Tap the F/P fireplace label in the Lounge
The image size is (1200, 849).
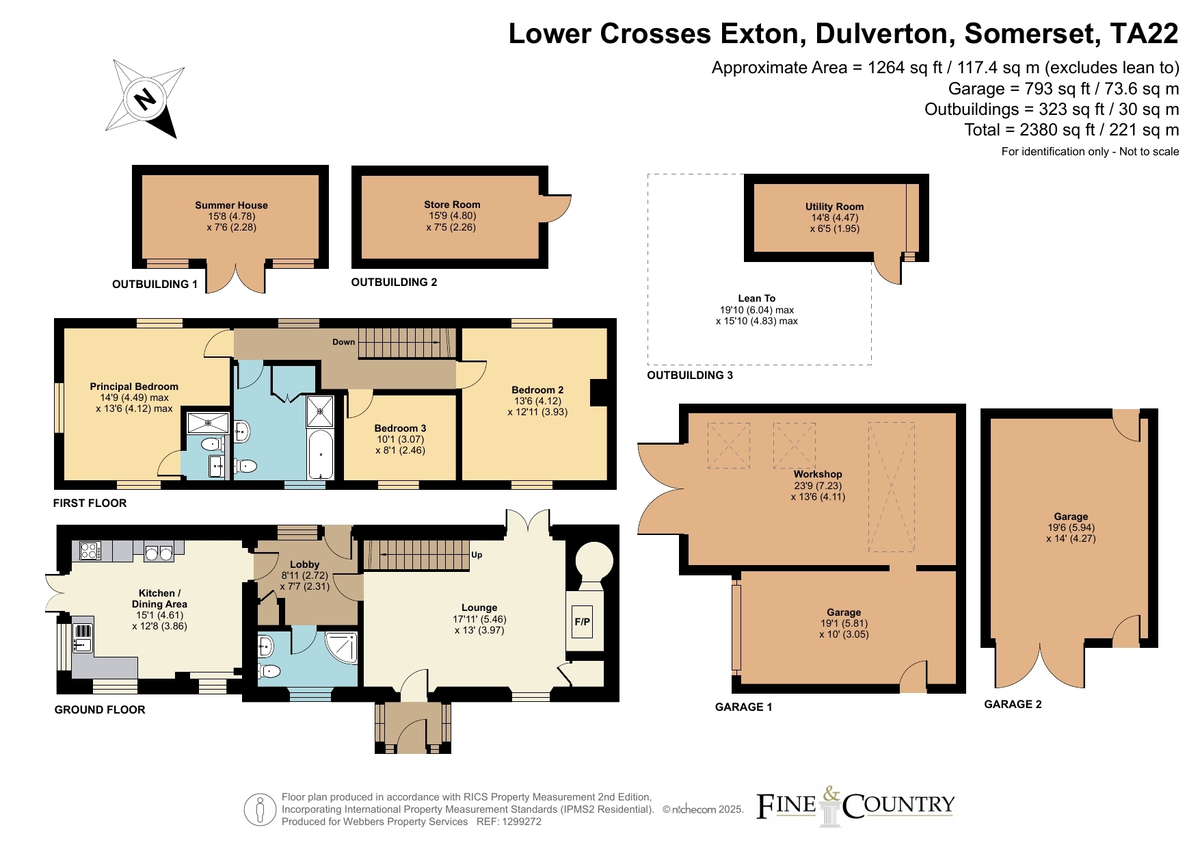coord(582,622)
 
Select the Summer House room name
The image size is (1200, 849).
coord(231,205)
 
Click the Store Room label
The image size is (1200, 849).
coord(452,205)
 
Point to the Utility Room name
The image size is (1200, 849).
coord(834,207)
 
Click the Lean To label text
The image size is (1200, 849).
coord(756,298)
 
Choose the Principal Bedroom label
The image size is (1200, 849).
coord(134,387)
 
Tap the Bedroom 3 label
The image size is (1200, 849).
coord(400,428)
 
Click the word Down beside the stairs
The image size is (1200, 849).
coord(344,342)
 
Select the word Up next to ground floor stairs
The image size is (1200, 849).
coord(477,555)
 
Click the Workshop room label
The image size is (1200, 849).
coord(818,474)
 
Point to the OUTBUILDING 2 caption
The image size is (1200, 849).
coord(394,282)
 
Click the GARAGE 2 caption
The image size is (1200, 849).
coord(1013,704)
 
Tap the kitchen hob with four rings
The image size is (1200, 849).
coord(90,551)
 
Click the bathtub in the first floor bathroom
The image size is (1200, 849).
coord(321,454)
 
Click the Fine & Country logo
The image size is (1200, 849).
coord(855,807)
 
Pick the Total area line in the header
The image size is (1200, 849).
coord(1071,130)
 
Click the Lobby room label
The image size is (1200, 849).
coord(304,564)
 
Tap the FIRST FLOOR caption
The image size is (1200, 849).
coord(90,503)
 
